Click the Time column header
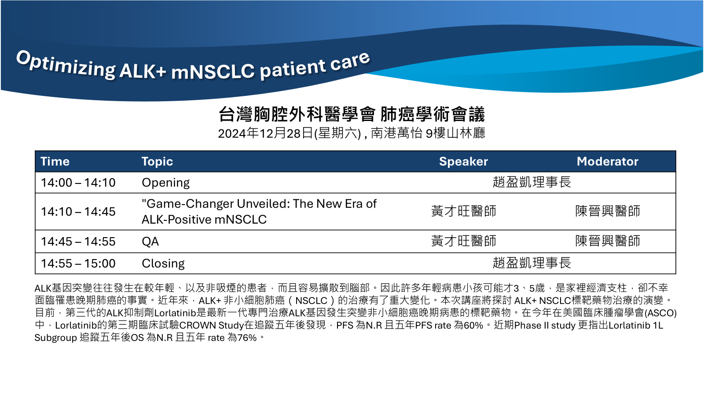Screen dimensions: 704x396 point(55,161)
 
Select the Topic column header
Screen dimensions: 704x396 point(157,161)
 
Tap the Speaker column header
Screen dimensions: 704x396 point(464,161)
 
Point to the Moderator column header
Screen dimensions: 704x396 point(608,161)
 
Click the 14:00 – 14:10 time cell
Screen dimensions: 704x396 point(78,183)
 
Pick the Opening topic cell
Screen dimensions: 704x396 point(165,183)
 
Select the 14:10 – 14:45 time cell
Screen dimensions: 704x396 point(78,212)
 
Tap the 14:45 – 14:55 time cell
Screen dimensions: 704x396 point(78,242)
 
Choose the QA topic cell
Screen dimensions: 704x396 point(150,242)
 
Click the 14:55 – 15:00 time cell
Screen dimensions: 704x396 point(78,264)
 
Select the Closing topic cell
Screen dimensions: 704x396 point(163,264)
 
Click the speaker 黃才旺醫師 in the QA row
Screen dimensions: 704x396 point(464,241)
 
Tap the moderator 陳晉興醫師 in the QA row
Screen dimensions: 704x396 point(608,241)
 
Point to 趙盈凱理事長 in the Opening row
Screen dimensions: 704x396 point(532,182)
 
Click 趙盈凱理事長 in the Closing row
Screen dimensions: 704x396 point(532,263)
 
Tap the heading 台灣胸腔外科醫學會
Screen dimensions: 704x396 point(297,114)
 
